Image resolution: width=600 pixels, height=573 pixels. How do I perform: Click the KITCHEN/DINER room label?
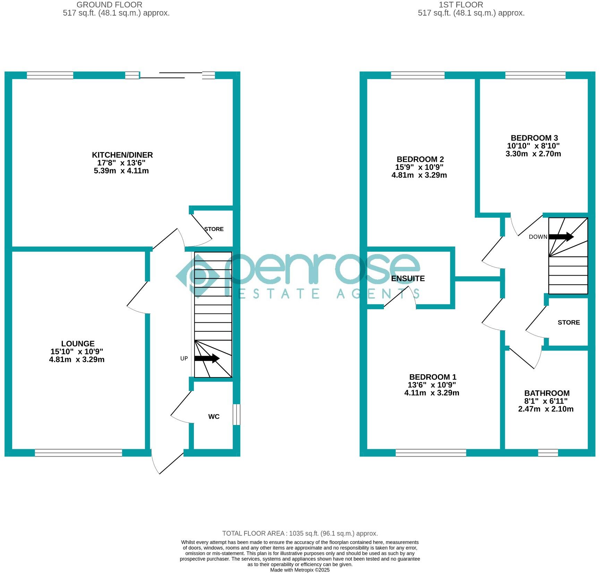[122, 155]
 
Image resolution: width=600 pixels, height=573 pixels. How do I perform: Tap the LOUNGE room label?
[78, 344]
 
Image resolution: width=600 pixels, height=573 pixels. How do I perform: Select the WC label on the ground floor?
[214, 417]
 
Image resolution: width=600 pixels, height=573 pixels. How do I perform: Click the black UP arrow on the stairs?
[207, 358]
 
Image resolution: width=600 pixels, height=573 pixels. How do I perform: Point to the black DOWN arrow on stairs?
[561, 237]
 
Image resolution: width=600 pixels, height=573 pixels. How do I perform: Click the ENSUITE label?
[408, 279]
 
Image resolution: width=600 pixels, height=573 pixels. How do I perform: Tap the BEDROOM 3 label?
[534, 138]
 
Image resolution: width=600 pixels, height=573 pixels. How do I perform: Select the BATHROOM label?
[547, 393]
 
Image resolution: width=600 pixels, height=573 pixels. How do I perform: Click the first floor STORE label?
[568, 322]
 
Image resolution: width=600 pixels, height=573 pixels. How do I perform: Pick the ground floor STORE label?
[214, 229]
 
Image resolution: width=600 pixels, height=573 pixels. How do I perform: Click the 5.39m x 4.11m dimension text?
[121, 171]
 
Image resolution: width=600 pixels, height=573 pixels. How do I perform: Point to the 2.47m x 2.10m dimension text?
[546, 409]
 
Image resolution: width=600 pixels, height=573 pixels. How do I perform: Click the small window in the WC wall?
[236, 414]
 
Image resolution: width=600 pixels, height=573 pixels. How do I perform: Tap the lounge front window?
[78, 453]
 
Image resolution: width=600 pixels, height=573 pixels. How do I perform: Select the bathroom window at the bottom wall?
[548, 453]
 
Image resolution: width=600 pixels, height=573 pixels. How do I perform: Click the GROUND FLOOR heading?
[109, 5]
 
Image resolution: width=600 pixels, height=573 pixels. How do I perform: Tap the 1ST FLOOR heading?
[461, 5]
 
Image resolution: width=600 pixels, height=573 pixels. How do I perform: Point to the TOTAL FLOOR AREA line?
[300, 533]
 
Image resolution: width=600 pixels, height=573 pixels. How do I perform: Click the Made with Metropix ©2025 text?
[300, 570]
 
